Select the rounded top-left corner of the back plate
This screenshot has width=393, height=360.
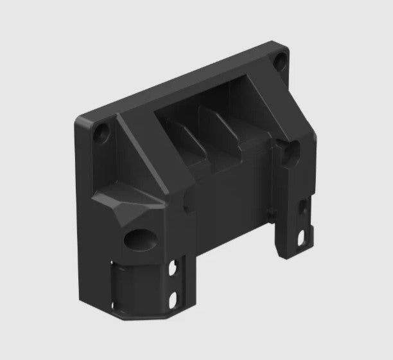[80, 122]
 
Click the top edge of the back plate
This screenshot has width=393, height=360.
[180, 80]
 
